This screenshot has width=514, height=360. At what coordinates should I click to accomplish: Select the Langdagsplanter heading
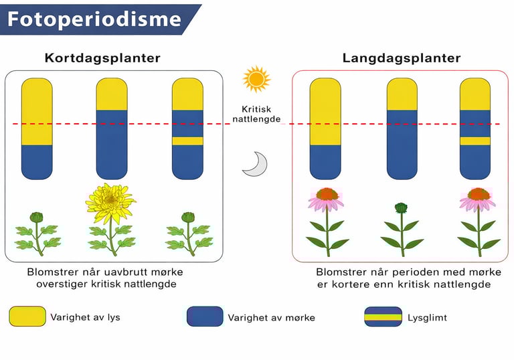click(402, 58)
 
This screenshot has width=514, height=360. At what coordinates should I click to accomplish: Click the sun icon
click(256, 79)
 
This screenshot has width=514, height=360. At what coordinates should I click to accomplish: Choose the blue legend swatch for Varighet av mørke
click(205, 317)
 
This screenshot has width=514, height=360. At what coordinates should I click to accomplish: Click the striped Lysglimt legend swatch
click(383, 317)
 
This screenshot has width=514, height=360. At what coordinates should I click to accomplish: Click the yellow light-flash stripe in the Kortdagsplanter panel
click(187, 141)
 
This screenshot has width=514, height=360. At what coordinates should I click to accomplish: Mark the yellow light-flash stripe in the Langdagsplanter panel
click(475, 141)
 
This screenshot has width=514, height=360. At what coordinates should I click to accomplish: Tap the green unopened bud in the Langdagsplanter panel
click(401, 208)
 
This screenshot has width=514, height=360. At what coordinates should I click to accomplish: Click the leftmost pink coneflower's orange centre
click(327, 194)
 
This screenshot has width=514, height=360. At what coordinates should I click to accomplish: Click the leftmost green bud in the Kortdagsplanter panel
click(37, 217)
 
